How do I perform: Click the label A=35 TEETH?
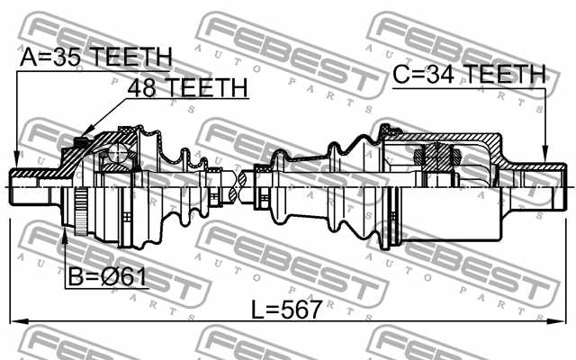[x=96, y=58]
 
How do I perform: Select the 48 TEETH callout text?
[x=186, y=87]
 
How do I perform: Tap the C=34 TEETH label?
[x=468, y=74]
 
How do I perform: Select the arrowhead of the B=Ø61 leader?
[x=66, y=236]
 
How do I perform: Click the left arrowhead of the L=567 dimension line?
[x=15, y=320]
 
